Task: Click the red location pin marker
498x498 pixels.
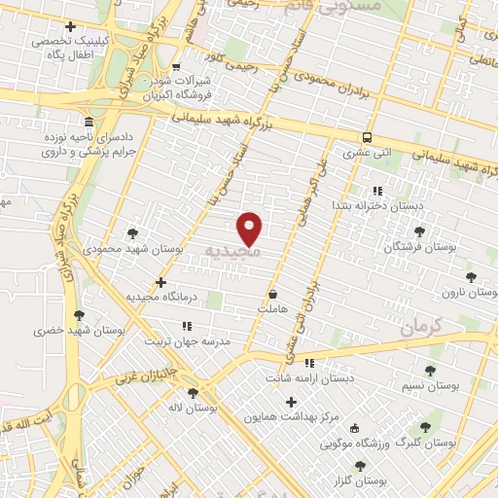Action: point(251,227)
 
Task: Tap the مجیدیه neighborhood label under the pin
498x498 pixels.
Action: point(232,252)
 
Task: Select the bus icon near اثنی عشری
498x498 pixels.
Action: point(367,137)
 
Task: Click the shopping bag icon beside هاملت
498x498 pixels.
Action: point(272,294)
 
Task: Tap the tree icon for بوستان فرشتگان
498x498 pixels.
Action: point(419,231)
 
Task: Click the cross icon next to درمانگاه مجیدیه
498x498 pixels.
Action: point(160,282)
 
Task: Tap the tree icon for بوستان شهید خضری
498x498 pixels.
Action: point(79,314)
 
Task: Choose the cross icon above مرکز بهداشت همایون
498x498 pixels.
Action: point(290,402)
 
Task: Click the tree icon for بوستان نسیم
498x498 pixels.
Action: point(430,370)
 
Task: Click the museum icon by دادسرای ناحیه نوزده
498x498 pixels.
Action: point(89,123)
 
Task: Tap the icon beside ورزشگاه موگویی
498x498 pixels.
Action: point(354,428)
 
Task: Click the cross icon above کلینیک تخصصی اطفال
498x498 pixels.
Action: point(68,26)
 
